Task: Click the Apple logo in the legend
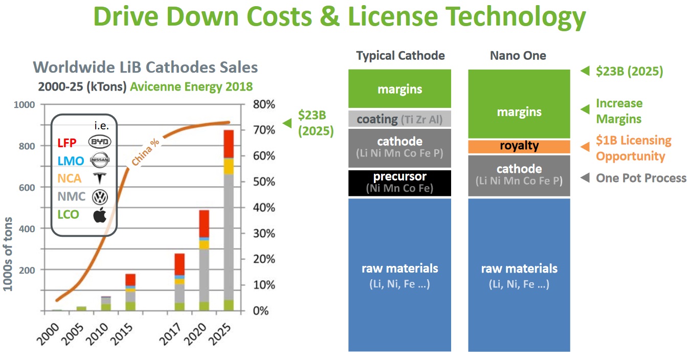click(x=100, y=215)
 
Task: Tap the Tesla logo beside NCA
click(x=99, y=178)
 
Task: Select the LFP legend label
click(x=66, y=143)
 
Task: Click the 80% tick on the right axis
click(x=264, y=104)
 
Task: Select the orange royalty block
click(x=519, y=146)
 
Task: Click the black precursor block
click(x=399, y=183)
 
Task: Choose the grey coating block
click(x=399, y=119)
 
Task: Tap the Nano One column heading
click(x=518, y=56)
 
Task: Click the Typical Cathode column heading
click(x=400, y=56)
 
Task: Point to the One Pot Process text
click(x=641, y=178)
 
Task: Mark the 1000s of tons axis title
click(x=9, y=250)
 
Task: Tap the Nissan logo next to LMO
click(x=100, y=161)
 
